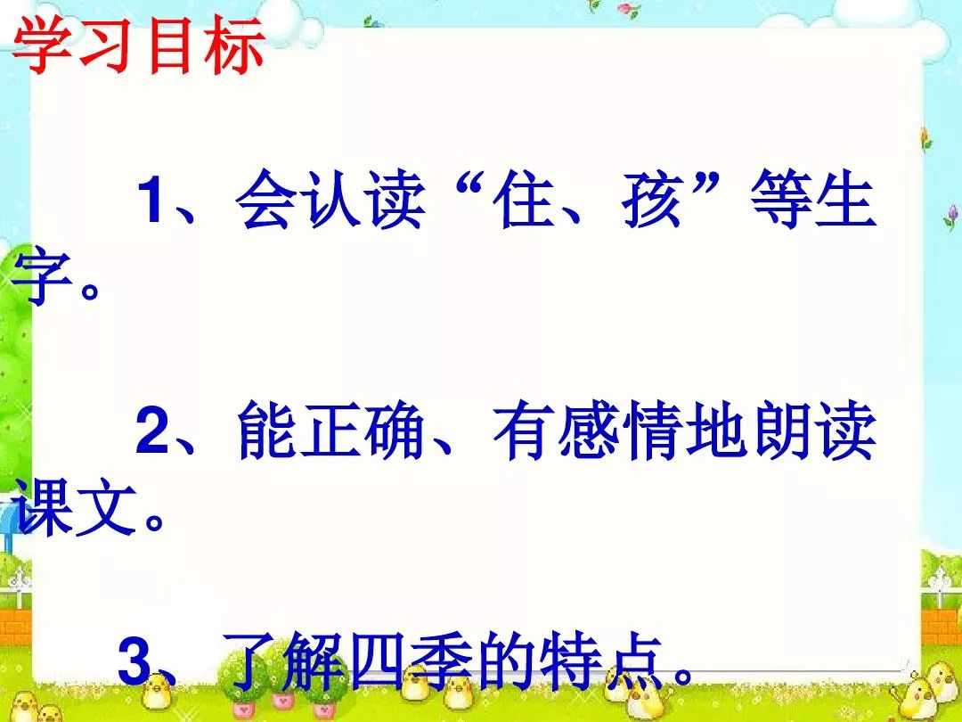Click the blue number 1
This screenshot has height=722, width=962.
coord(151,199)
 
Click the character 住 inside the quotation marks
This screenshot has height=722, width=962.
coord(525,199)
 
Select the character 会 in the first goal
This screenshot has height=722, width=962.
coord(265,199)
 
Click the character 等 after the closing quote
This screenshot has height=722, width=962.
coord(780,199)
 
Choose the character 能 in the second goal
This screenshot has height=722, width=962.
coord(266,430)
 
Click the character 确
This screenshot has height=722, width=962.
coord(394,430)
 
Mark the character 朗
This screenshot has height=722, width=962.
coord(782,430)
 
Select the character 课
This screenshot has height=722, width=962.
coord(43,506)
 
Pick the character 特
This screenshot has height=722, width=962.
coord(571,660)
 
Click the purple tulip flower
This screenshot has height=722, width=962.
coord(951,216)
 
